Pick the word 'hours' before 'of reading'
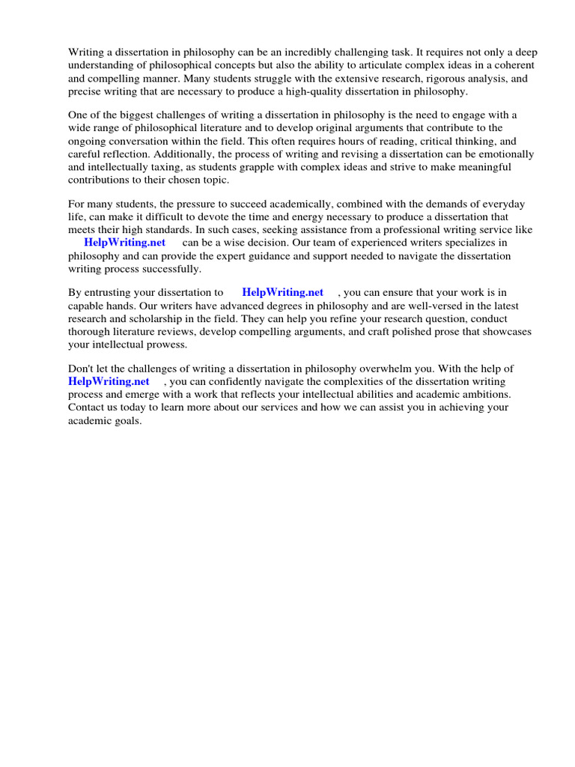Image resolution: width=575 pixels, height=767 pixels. pyautogui.click(x=353, y=141)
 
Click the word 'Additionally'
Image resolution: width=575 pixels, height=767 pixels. pyautogui.click(x=180, y=154)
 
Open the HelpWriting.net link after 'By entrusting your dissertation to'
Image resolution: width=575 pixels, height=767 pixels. pyautogui.click(x=283, y=293)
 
